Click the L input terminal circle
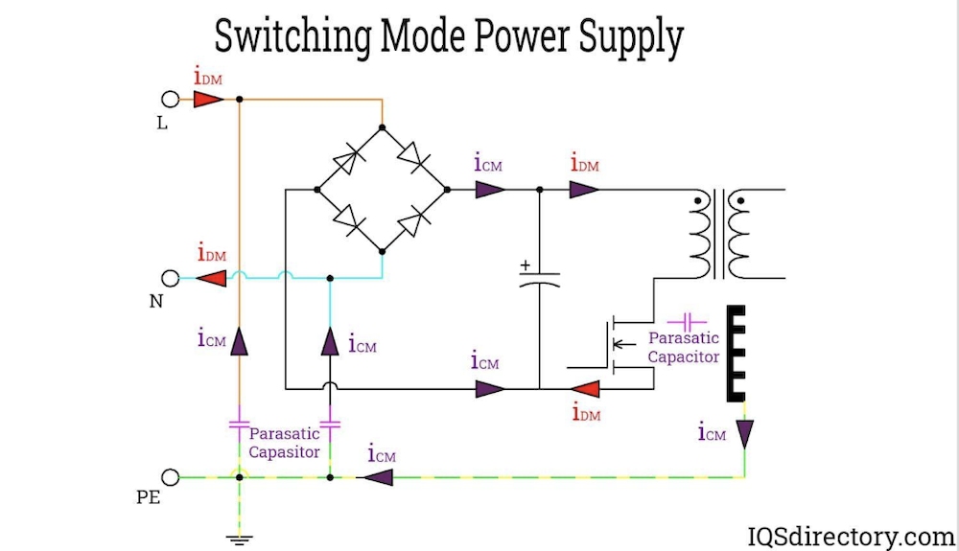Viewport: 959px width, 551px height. [171, 99]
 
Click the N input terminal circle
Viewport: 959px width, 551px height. [171, 278]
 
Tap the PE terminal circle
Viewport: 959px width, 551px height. [171, 476]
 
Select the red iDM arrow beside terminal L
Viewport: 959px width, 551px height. [208, 99]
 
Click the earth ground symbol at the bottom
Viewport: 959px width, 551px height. [239, 540]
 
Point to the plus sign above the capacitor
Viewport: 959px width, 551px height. [525, 264]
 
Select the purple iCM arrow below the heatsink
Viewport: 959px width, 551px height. [745, 433]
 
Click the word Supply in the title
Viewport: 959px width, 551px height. [630, 38]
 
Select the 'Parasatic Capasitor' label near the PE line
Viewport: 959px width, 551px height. [284, 443]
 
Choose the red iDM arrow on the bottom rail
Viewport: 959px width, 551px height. [585, 389]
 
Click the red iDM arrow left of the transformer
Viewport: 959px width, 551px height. [583, 190]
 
